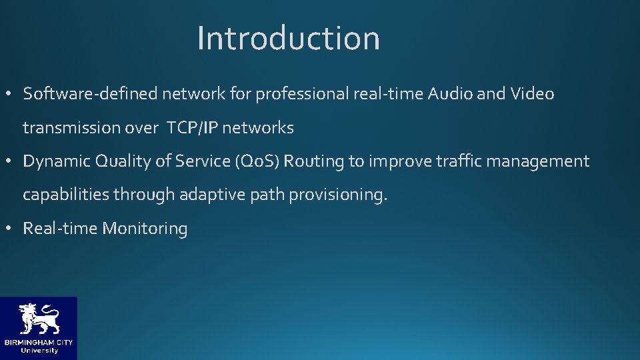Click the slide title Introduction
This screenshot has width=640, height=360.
288,38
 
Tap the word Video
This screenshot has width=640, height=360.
532,94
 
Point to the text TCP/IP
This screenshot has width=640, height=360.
192,127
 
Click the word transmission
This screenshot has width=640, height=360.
72,127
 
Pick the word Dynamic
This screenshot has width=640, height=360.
56,161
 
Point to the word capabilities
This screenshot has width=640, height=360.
65,195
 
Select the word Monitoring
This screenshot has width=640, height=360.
145,229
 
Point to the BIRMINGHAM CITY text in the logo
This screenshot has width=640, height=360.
38,343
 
